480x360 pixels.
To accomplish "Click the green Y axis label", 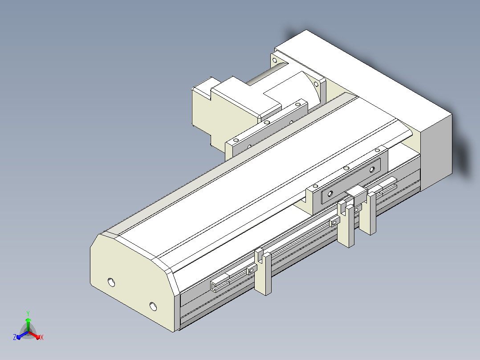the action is click(28, 313).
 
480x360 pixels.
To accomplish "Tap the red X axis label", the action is click(42, 337).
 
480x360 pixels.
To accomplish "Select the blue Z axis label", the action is click(14, 337).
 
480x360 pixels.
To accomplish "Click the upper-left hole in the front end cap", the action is click(111, 282).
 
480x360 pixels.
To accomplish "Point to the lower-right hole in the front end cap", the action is click(153, 306).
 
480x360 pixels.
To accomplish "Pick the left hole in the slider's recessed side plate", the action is click(330, 194).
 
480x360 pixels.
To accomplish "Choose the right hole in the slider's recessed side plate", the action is click(372, 169).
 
